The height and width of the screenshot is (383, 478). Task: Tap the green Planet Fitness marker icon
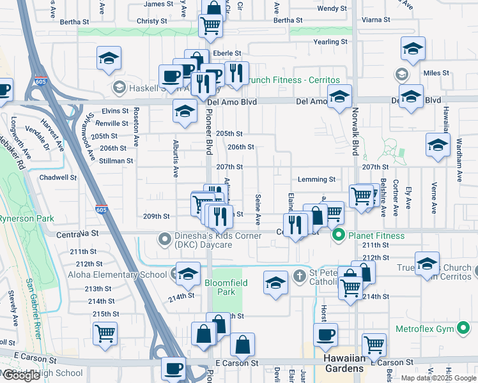(339, 236)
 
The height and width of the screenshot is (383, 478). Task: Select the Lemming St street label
(316, 180)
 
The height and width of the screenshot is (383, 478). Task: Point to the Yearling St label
(330, 41)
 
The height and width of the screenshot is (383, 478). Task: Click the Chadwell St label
(58, 177)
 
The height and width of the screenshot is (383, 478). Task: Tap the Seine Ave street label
(258, 209)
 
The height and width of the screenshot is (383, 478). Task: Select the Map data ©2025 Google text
(438, 378)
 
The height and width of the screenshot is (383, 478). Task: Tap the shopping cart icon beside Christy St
(210, 25)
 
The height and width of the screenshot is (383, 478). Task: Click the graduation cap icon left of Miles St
(413, 49)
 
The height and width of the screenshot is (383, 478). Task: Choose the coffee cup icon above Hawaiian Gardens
(325, 333)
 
